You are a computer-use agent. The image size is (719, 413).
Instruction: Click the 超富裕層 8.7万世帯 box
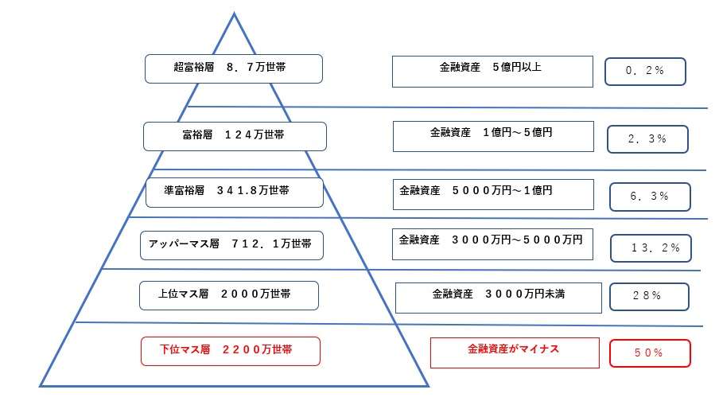[234, 68]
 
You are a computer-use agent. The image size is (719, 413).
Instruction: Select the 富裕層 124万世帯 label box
[235, 136]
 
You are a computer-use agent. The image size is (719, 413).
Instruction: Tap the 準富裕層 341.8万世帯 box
[235, 193]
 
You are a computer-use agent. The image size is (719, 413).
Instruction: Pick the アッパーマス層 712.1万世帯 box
[231, 246]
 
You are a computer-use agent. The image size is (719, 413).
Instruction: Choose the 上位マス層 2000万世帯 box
[229, 295]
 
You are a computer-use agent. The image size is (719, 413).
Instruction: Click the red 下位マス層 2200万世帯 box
[231, 351]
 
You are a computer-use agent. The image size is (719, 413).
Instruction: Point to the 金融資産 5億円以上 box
[492, 72]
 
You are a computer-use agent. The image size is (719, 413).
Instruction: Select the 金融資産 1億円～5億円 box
[493, 136]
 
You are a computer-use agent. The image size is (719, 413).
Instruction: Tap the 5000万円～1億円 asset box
[493, 195]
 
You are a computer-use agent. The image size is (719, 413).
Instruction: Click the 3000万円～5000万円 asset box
[492, 244]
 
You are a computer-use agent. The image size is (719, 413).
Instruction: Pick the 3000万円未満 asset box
[499, 298]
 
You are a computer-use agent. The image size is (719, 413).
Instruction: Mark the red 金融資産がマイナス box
[515, 353]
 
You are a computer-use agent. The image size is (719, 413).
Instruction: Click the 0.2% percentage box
[645, 72]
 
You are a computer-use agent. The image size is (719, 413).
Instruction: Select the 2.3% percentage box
[647, 139]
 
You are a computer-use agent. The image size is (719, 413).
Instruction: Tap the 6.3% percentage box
[650, 197]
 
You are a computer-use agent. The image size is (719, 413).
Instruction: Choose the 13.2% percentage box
[651, 248]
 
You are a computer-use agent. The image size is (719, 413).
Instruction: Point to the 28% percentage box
[649, 297]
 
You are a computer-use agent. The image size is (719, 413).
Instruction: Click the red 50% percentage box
[650, 353]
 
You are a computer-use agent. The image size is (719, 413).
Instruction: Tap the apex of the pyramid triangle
[235, 14]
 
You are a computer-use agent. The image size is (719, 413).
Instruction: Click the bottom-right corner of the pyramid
[428, 386]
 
